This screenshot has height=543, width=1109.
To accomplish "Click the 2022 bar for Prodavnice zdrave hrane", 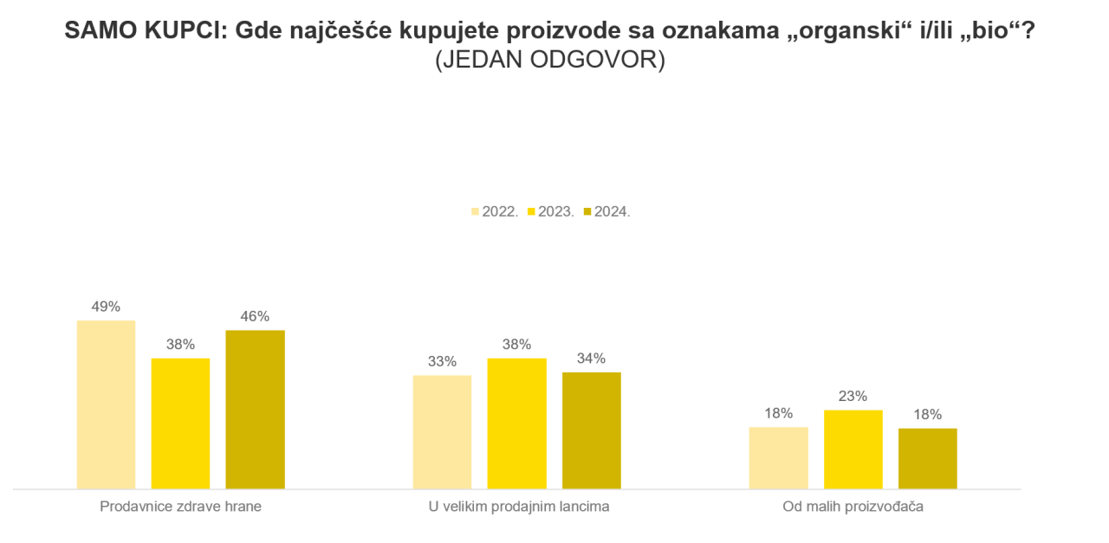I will click(x=106, y=404).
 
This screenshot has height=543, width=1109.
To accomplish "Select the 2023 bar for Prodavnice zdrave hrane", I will click(x=180, y=423).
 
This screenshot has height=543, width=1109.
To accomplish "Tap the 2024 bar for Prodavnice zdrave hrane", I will click(x=255, y=410).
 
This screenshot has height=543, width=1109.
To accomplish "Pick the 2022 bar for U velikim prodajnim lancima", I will click(x=442, y=432).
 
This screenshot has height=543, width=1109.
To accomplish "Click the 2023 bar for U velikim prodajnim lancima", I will click(x=516, y=423).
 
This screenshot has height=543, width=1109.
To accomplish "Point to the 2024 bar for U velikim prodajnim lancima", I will click(x=591, y=430).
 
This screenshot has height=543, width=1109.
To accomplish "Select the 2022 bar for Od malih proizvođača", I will click(x=778, y=458).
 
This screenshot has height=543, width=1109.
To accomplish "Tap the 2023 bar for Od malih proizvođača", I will click(x=853, y=449).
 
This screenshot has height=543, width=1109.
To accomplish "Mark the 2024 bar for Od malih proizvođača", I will click(x=927, y=459).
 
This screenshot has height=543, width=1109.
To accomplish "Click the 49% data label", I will click(x=106, y=307).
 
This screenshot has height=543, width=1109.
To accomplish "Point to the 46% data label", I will click(x=255, y=316).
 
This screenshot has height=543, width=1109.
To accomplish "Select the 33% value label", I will click(x=442, y=361).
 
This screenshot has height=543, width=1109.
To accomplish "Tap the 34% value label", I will click(x=591, y=358).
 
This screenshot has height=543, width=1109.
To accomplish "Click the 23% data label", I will click(x=853, y=396).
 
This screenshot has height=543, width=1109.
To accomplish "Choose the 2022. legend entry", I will click(x=495, y=211).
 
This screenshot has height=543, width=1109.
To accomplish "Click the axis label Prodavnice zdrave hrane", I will click(x=180, y=507).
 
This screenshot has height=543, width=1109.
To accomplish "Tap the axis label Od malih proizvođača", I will click(x=853, y=507).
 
